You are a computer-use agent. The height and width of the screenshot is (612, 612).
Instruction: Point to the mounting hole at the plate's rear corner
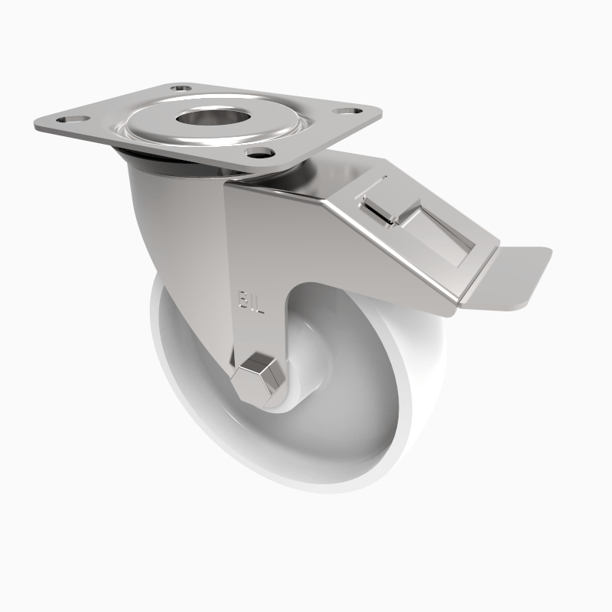(181, 90)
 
